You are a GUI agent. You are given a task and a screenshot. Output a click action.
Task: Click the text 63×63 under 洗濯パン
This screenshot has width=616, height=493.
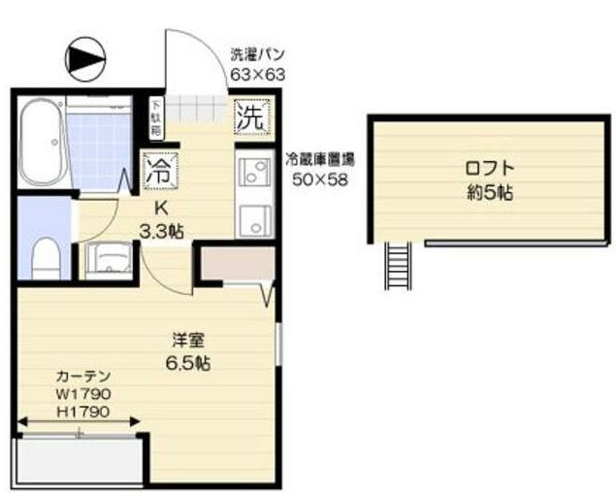coord(257,73)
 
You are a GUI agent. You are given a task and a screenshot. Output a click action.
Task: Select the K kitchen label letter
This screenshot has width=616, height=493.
coord(162,208)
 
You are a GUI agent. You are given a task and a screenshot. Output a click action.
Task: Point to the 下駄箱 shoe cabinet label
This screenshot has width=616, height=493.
coord(154,115)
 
